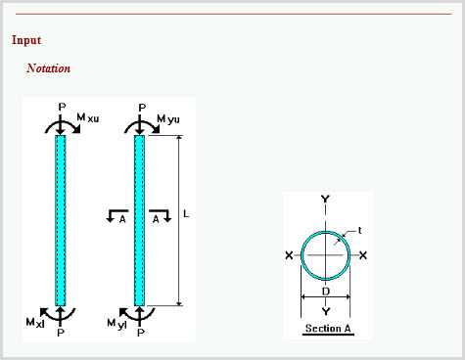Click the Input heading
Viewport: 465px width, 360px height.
26,40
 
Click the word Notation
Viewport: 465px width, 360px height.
49,68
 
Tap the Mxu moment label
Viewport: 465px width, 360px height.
88,117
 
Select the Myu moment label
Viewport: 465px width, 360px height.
168,119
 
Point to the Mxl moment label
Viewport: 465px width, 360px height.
35,323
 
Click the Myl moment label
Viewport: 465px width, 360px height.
116,324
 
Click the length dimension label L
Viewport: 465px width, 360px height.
186,214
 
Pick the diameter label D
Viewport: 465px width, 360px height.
326,292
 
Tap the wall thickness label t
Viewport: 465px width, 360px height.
359,231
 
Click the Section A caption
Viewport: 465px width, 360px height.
328,329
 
